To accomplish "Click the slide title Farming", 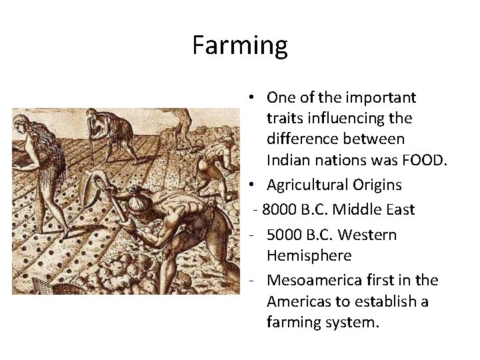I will (240, 45).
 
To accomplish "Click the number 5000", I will (284, 235).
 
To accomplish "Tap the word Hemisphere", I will (305, 255).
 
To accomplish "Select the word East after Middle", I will (399, 210).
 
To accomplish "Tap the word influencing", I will (345, 118).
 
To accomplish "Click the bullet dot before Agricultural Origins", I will (247, 185).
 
